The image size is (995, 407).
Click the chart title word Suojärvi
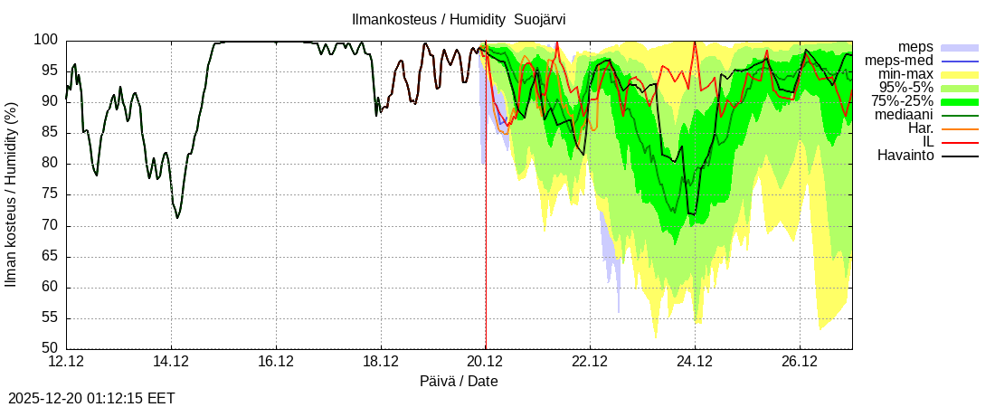point(540,19)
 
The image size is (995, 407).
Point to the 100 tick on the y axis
point(46,40)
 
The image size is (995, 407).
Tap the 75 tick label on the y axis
point(50,194)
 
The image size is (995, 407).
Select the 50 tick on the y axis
point(50,348)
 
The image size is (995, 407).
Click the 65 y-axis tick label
point(50,256)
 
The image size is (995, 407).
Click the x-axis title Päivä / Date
point(459,382)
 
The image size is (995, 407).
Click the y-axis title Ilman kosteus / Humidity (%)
point(12,194)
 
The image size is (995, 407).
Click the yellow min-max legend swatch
point(960,74)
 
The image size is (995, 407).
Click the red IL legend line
point(960,142)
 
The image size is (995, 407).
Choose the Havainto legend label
point(905,156)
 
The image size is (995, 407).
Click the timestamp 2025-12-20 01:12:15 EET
point(91,398)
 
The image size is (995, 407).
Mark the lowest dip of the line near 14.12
point(177,218)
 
